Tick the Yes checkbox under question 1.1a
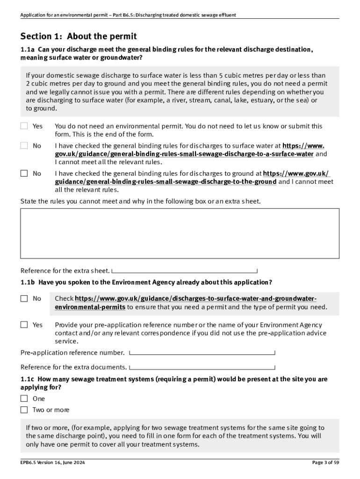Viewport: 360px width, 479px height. coord(24,126)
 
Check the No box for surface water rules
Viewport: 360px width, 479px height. coord(24,145)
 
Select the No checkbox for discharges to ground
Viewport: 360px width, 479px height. coord(24,173)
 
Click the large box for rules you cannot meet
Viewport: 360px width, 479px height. coord(180,233)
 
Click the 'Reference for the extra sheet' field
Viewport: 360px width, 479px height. coord(185,271)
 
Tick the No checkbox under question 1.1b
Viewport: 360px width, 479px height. coord(24,298)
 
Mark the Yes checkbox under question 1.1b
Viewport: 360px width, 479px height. coord(24,325)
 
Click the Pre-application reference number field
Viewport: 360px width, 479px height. coord(202,353)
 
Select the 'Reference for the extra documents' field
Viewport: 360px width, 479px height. coord(202,367)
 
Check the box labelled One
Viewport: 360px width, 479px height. coord(24,399)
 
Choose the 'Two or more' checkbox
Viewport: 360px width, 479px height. coord(24,410)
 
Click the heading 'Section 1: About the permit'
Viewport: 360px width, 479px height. coord(79,36)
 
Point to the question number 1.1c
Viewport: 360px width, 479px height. coord(28,379)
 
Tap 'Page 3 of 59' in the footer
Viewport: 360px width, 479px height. coord(326,463)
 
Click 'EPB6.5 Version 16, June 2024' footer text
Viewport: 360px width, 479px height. coord(52,463)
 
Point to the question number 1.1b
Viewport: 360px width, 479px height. coord(28,283)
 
